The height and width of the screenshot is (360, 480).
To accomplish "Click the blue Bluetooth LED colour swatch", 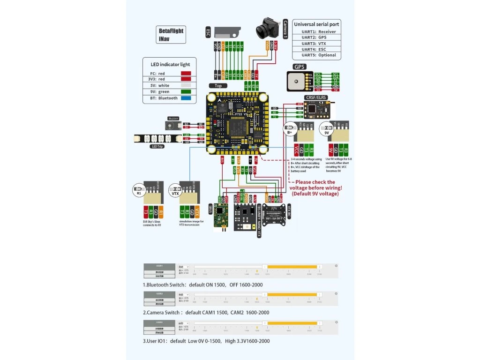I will [186, 98].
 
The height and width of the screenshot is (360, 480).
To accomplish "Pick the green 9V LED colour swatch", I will [186, 92].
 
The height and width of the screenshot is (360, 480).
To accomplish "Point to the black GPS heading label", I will [299, 67].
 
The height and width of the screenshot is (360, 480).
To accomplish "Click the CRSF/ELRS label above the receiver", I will [315, 97].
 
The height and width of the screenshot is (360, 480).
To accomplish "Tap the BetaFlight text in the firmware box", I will [171, 31].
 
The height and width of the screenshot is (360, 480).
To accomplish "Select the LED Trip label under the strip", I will [157, 147].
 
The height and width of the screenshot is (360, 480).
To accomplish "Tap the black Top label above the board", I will [218, 86].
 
